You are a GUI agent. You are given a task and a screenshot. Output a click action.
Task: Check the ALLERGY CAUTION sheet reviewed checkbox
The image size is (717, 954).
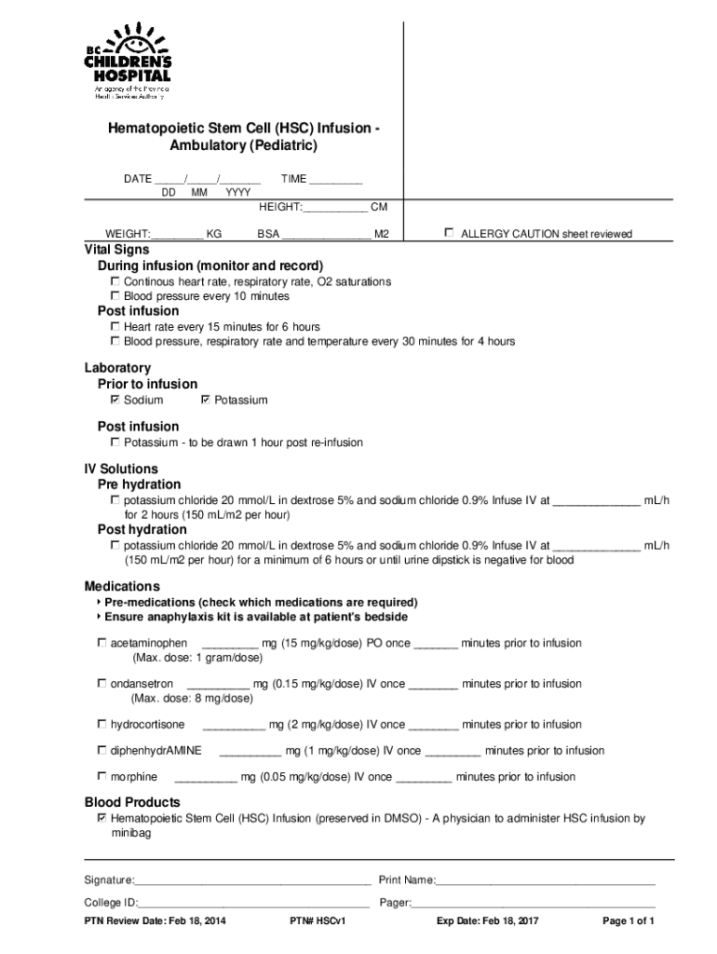(x=450, y=233)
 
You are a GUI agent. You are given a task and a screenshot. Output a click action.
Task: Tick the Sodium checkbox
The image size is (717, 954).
(x=115, y=400)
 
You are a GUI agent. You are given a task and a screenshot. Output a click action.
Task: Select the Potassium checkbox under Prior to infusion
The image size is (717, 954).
(x=206, y=400)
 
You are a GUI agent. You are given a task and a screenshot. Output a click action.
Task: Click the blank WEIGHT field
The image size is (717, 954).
(x=177, y=236)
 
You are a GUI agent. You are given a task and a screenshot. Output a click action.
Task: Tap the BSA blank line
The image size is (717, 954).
(x=326, y=236)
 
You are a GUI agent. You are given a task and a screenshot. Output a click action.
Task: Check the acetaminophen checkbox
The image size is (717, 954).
(x=101, y=643)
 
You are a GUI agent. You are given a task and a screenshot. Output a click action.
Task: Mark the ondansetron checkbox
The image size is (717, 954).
(x=101, y=683)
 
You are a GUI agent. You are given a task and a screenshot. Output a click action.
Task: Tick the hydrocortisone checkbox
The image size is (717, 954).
(x=101, y=724)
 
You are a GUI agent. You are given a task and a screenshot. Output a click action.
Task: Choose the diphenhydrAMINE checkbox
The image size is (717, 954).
(x=101, y=750)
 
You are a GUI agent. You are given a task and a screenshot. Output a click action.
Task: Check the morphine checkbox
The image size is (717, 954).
(x=101, y=776)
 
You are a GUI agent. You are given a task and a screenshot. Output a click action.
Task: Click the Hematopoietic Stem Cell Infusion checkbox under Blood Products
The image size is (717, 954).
(x=101, y=818)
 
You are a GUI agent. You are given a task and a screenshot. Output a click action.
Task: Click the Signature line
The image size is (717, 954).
(x=252, y=881)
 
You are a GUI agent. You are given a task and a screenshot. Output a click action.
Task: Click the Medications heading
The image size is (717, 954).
(x=122, y=586)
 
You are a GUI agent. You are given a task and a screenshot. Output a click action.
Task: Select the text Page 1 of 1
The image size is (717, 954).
(x=629, y=922)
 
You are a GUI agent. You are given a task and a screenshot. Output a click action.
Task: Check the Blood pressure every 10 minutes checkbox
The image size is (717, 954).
(x=115, y=296)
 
